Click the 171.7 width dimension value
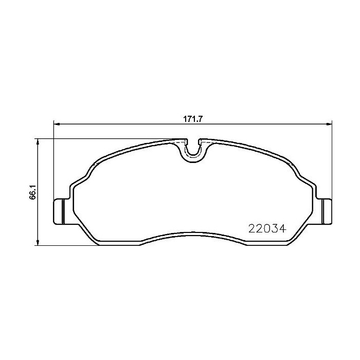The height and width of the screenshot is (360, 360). tap(192, 118)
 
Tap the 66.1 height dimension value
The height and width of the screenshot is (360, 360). tap(31, 193)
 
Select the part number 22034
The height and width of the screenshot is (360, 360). tap(267, 227)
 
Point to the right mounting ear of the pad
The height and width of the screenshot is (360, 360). tap(325, 211)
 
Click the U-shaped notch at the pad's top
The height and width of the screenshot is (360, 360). tap(192, 149)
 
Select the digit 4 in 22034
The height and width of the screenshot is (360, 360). tap(282, 227)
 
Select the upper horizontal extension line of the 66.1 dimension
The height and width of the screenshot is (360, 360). tap(103, 138)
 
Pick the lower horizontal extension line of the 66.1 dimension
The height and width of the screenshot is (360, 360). tap(67, 245)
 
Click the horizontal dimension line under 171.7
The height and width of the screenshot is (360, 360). tap(129, 123)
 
